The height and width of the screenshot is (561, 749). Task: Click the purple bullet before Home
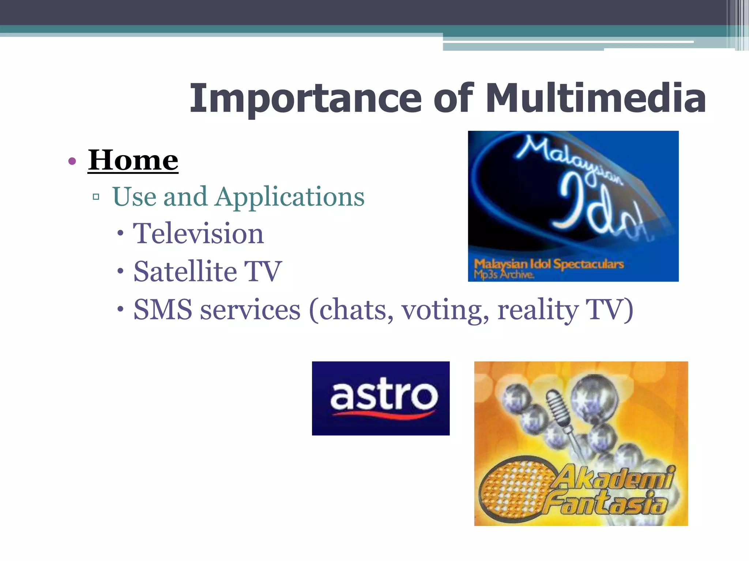(72, 161)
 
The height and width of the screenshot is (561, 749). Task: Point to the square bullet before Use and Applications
(96, 197)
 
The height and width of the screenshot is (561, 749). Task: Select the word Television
(198, 234)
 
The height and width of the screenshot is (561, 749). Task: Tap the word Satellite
(185, 271)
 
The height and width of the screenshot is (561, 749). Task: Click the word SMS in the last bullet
(163, 310)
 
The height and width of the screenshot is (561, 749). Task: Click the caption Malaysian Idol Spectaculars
(549, 264)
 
